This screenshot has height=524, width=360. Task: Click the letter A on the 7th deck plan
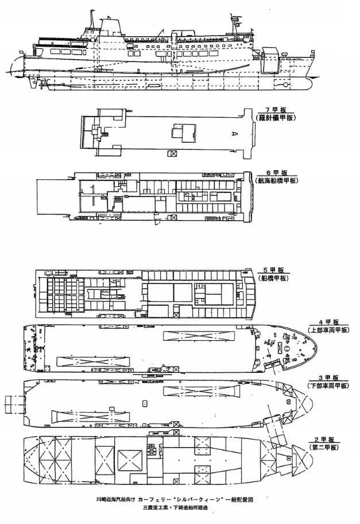[234, 133]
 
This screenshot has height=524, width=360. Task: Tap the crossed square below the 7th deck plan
[172, 153]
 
